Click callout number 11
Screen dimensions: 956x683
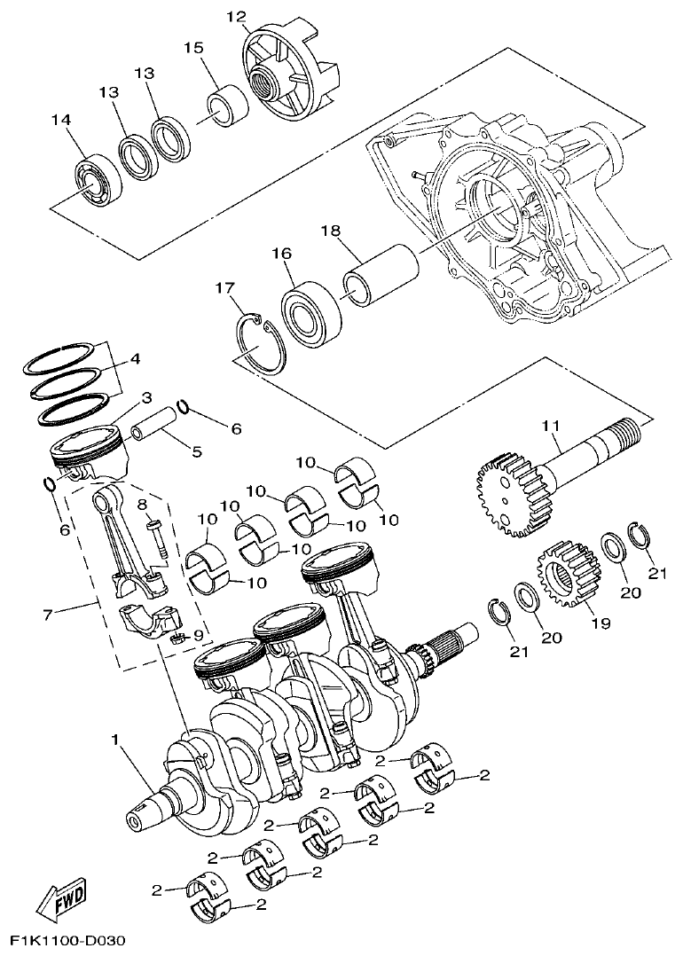pyautogui.click(x=552, y=427)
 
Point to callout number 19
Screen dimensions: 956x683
pyautogui.click(x=601, y=623)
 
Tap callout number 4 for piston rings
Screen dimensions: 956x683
pyautogui.click(x=135, y=360)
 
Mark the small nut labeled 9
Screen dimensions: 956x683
pyautogui.click(x=176, y=637)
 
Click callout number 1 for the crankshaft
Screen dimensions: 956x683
pyautogui.click(x=114, y=739)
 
